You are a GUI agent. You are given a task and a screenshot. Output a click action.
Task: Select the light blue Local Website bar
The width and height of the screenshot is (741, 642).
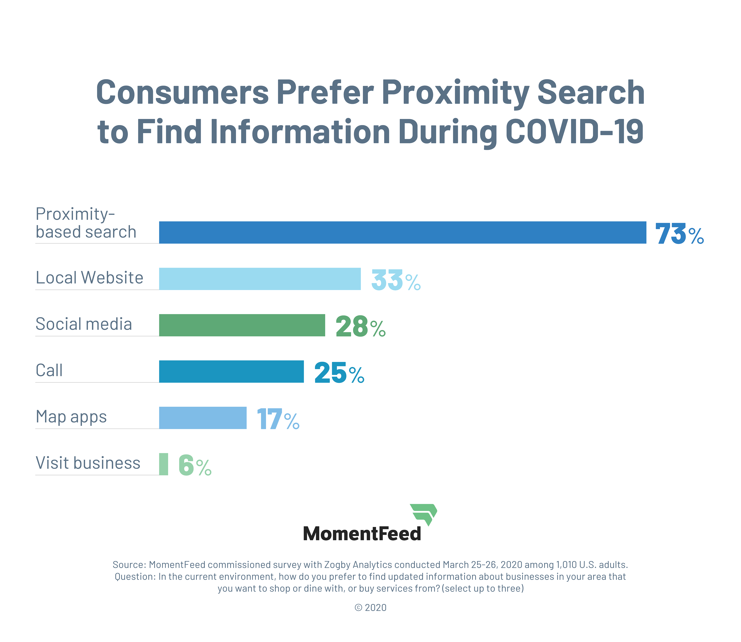(260, 279)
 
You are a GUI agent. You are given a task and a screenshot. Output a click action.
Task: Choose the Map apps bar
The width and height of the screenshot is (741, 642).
(203, 418)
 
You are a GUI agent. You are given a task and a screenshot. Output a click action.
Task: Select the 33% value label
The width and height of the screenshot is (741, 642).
(396, 280)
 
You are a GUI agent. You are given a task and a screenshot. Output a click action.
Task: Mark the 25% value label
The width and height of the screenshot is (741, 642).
(339, 373)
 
